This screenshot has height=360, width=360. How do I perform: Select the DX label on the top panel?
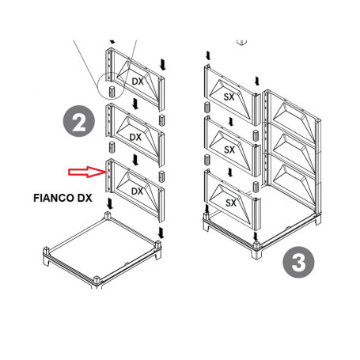[138, 81]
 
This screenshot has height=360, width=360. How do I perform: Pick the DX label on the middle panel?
[136, 137]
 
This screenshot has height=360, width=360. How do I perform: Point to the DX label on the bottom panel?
[137, 191]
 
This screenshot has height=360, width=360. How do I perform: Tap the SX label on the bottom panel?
[230, 203]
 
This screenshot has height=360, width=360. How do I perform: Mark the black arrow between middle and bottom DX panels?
[135, 157]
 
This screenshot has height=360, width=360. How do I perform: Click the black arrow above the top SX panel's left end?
[207, 55]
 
